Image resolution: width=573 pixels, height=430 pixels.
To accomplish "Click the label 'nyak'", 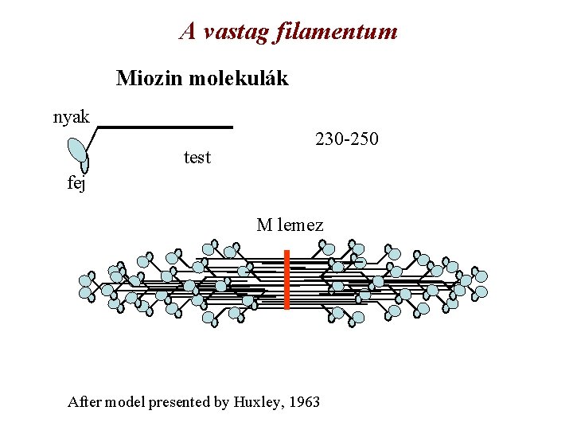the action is (x=72, y=118).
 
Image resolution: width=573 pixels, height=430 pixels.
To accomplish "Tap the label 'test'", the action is (x=197, y=157).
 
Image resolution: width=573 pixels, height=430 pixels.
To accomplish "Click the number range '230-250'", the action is (x=347, y=139).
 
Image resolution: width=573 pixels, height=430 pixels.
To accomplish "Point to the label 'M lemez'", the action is (x=290, y=225).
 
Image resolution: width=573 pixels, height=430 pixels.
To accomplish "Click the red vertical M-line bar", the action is (x=286, y=279).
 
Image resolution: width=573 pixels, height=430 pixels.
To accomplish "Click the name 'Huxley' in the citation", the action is (x=258, y=402).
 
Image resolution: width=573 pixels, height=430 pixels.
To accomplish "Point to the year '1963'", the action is (x=304, y=402).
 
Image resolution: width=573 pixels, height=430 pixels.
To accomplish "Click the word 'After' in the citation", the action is (x=85, y=402).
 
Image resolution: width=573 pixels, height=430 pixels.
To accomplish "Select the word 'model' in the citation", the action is (x=126, y=402).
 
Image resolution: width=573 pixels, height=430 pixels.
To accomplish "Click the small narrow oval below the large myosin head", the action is (x=85, y=165).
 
